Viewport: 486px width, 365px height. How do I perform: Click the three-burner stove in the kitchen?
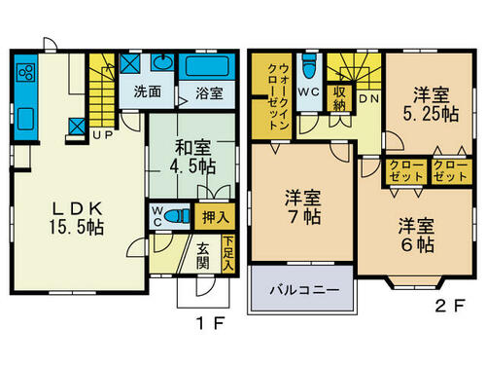26,72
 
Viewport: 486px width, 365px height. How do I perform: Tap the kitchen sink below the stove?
26,119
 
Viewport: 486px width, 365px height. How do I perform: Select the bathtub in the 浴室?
207,66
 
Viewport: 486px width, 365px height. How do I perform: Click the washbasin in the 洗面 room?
163,62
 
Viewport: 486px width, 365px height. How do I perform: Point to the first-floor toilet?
177,215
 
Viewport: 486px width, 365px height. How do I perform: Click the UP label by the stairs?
103,134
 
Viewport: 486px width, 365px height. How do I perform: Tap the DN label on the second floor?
369,98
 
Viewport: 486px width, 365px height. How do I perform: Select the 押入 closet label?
215,217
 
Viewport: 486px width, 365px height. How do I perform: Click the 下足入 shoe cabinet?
228,254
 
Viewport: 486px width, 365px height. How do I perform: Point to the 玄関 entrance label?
203,257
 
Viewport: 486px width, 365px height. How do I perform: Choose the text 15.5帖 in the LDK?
77,227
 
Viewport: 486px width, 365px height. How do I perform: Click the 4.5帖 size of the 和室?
193,166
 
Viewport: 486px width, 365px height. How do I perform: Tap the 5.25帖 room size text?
431,114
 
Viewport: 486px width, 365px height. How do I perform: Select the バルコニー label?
304,289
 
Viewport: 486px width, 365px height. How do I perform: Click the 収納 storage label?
339,98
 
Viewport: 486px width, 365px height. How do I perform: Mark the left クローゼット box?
406,171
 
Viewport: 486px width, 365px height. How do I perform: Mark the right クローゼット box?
450,171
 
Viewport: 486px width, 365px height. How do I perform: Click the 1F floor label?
211,323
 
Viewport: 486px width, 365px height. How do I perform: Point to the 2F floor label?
450,306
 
